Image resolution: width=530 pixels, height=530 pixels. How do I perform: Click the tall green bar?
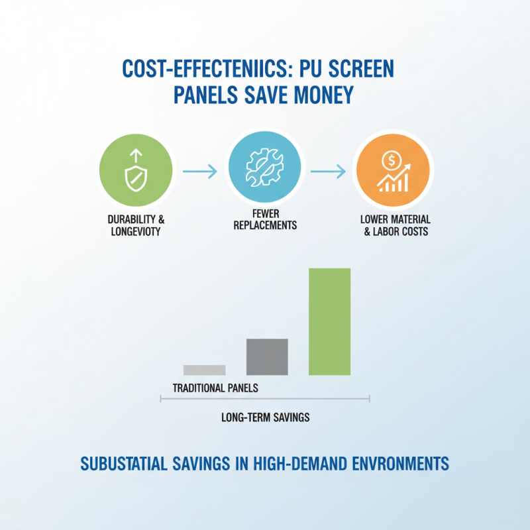[329, 321]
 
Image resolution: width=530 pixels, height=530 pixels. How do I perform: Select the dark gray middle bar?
[267, 356]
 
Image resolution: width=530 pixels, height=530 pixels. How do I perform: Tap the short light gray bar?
[204, 370]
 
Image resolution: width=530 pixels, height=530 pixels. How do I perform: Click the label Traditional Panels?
[215, 388]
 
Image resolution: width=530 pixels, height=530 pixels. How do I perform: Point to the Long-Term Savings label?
[265, 418]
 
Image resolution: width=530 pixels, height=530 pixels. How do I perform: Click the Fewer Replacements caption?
[265, 220]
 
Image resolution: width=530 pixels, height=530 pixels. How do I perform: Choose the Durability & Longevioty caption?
[135, 225]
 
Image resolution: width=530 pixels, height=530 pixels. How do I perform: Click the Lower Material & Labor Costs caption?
[396, 225]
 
